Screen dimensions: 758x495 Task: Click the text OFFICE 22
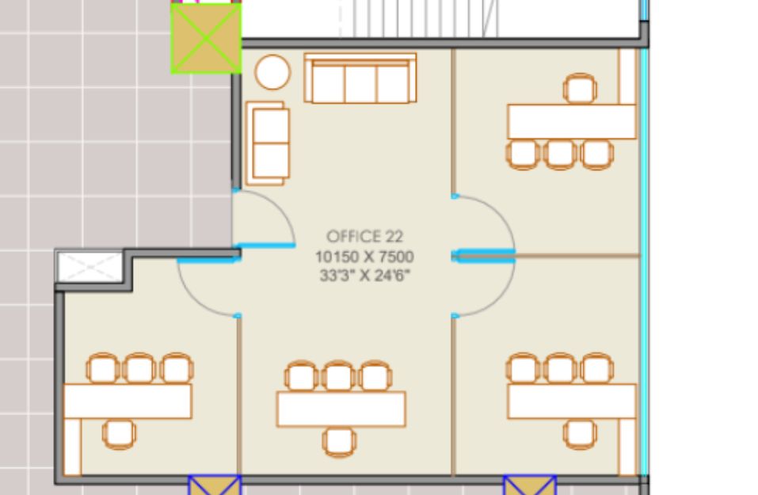[364, 236]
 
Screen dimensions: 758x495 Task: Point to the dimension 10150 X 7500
[364, 256]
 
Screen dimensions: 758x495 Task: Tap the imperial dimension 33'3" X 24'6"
[364, 276]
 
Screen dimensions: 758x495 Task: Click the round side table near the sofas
[272, 73]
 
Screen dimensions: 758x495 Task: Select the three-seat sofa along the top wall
[360, 78]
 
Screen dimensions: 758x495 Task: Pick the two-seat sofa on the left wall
[268, 143]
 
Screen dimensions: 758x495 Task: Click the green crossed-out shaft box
[206, 38]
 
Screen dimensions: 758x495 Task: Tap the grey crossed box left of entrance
[90, 266]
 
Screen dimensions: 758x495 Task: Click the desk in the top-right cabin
[571, 122]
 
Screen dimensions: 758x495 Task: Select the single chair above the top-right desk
[580, 89]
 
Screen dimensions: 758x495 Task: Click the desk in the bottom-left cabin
[128, 402]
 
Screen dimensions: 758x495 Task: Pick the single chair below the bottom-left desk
[119, 434]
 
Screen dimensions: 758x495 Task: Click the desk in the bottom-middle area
[341, 409]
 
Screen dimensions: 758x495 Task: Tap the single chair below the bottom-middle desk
[339, 442]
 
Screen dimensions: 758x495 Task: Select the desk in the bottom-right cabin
[571, 402]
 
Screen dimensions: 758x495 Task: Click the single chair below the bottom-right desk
[580, 434]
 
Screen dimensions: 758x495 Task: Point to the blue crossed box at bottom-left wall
[215, 485]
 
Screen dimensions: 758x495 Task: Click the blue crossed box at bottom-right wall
[530, 485]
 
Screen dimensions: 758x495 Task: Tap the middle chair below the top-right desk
[560, 154]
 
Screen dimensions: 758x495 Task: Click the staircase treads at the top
[418, 18]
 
